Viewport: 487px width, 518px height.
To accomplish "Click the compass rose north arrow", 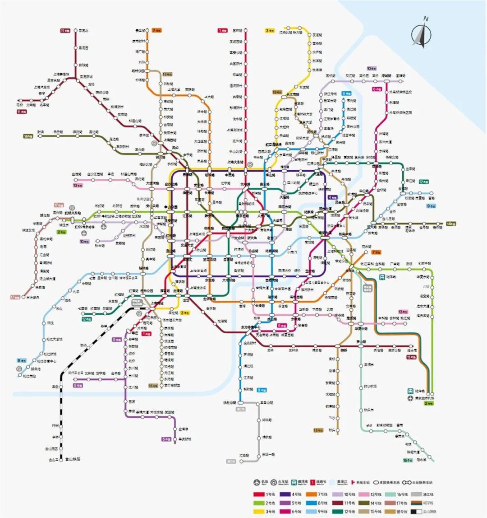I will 422,34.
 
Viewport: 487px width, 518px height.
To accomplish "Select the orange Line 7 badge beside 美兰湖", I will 157,31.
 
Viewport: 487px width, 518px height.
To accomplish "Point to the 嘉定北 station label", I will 83,31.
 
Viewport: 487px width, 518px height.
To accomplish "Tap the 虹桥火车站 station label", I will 72,212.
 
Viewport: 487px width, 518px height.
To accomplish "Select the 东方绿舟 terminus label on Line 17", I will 32,297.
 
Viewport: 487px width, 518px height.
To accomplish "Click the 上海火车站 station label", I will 235,162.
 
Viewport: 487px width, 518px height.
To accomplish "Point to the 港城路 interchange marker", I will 386,81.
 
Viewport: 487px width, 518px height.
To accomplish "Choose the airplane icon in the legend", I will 257,482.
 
